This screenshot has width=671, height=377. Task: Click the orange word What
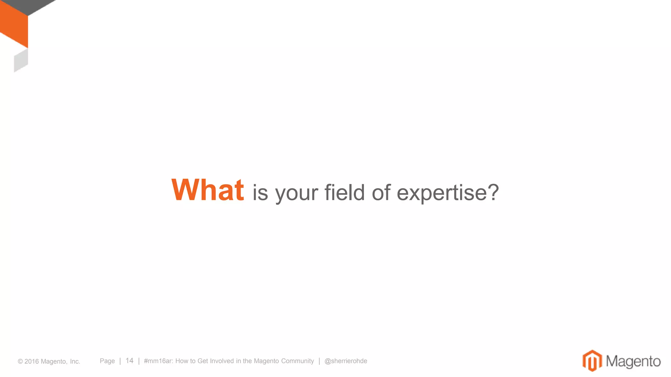pyautogui.click(x=207, y=190)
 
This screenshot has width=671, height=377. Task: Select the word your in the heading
pyautogui.click(x=297, y=194)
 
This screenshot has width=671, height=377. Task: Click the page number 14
pyautogui.click(x=129, y=361)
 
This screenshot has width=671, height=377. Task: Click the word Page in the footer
pyautogui.click(x=107, y=361)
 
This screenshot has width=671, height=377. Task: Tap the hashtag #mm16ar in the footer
pyautogui.click(x=158, y=361)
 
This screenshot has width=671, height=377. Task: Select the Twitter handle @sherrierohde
pyautogui.click(x=346, y=361)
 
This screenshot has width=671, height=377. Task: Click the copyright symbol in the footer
pyautogui.click(x=20, y=362)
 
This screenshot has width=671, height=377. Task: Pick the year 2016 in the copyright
pyautogui.click(x=31, y=362)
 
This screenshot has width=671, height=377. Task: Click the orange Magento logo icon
pyautogui.click(x=592, y=361)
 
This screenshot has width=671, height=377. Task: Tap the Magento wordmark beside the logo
pyautogui.click(x=633, y=361)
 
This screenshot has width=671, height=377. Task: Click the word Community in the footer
pyautogui.click(x=297, y=361)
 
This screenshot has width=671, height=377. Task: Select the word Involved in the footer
pyautogui.click(x=222, y=361)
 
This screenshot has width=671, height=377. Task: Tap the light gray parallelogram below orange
pyautogui.click(x=21, y=61)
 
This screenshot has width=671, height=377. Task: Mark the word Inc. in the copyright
pyautogui.click(x=75, y=362)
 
